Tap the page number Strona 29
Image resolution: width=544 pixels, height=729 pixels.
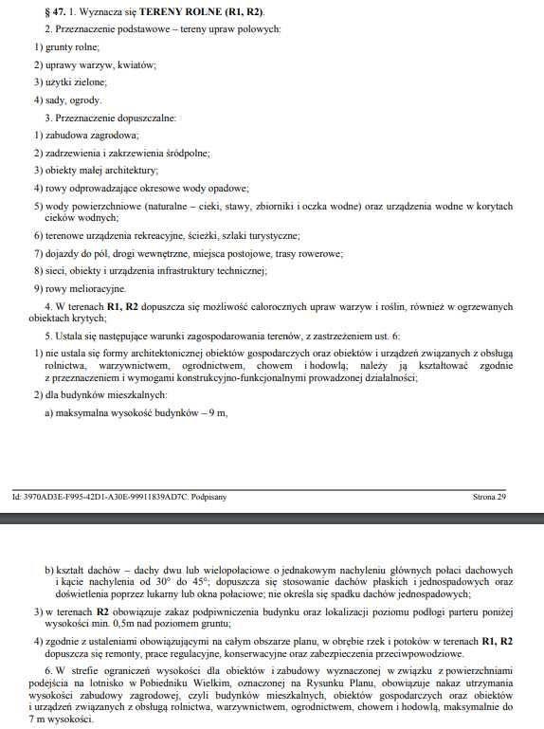(489, 496)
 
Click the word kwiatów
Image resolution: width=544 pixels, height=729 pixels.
(136, 64)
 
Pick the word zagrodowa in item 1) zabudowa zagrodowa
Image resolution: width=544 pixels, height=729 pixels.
(114, 135)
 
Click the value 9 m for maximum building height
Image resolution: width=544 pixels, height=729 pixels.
(217, 412)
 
